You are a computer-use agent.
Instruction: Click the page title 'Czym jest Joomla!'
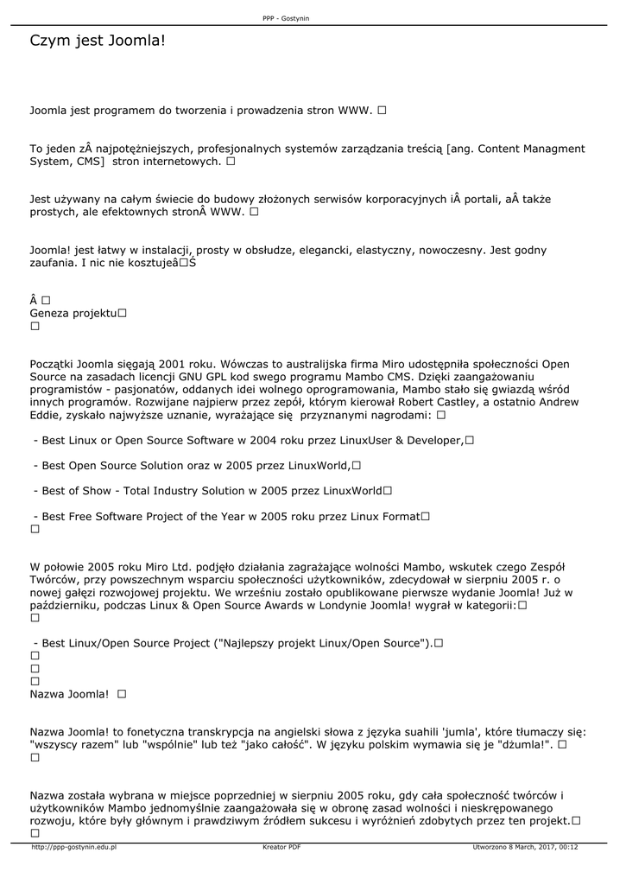(97, 41)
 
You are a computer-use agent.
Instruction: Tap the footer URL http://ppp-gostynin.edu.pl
(74, 847)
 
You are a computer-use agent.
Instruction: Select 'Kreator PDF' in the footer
(281, 847)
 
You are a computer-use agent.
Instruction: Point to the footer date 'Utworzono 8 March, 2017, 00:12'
(525, 847)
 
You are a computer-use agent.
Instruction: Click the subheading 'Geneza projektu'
(73, 313)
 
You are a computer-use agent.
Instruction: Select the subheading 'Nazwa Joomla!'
(69, 694)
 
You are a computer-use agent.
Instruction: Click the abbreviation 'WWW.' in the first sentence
(355, 111)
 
